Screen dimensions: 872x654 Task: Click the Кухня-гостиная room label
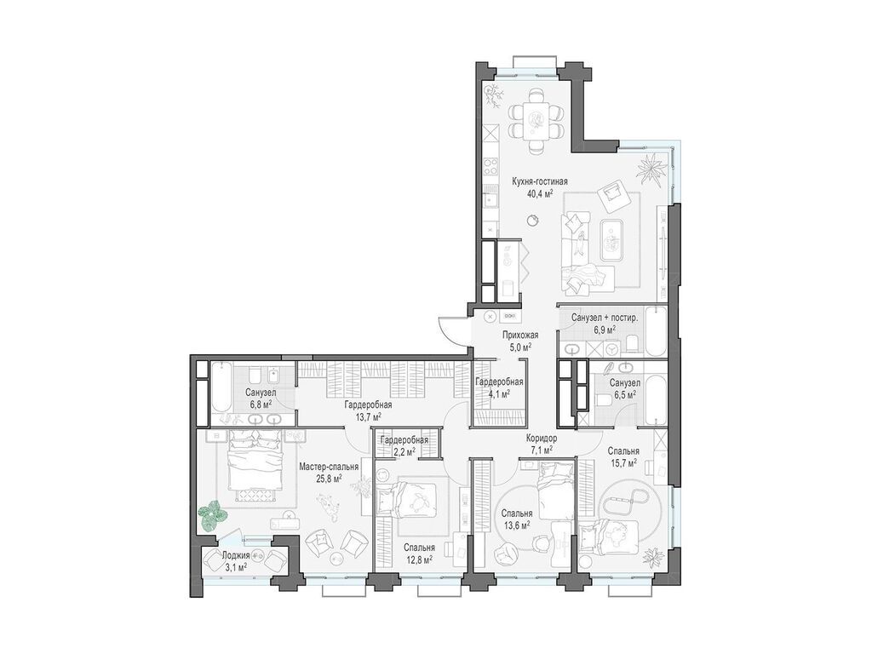[539, 181]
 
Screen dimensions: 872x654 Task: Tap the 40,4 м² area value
[539, 193]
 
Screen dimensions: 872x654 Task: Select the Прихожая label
[520, 335]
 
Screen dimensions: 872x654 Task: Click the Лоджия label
[235, 555]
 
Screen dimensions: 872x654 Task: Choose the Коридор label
[542, 438]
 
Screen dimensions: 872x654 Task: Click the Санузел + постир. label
[605, 318]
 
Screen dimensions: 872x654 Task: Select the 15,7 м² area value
[622, 463]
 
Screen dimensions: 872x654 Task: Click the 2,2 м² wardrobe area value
[404, 452]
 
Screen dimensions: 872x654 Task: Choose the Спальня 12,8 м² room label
[419, 554]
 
